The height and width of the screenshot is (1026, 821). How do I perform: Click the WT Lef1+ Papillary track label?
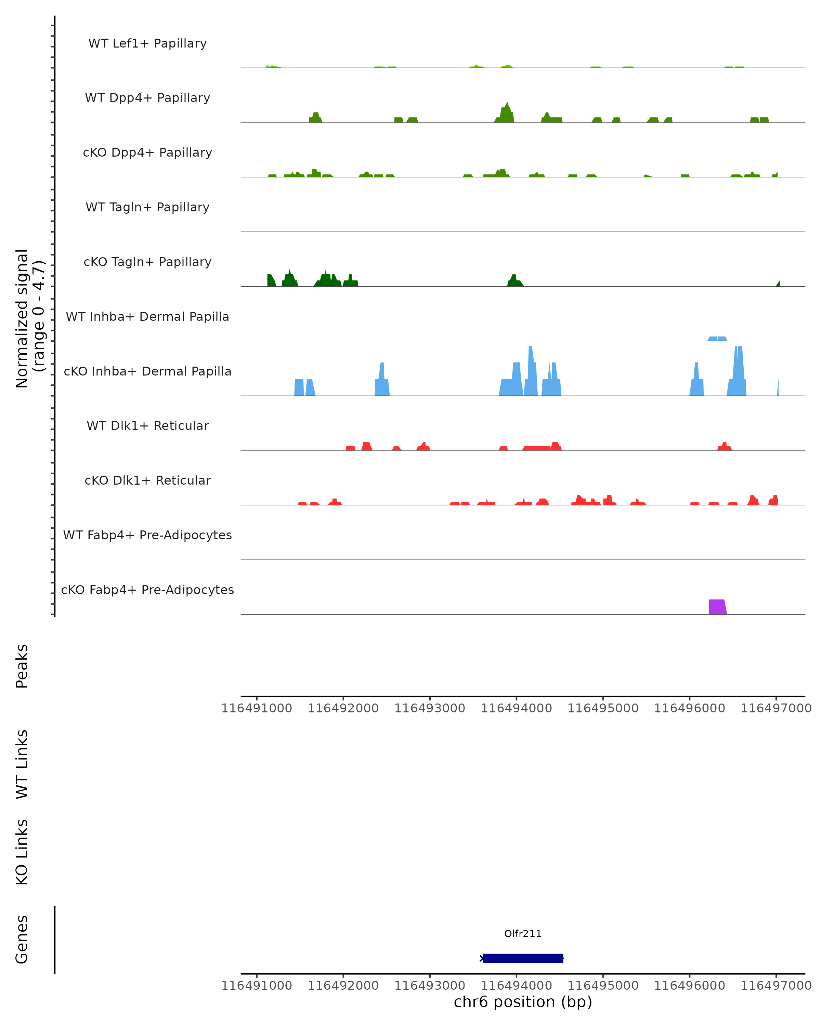(147, 43)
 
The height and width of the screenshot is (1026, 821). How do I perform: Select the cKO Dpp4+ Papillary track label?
(147, 153)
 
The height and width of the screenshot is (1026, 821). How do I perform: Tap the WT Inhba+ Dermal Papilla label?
(147, 317)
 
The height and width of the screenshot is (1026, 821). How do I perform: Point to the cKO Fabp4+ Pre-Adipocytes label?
(147, 590)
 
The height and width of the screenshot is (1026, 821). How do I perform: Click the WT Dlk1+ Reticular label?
(147, 426)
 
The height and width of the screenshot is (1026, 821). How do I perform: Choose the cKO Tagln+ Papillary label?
(147, 262)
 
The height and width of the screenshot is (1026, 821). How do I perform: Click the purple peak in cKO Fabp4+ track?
(717, 607)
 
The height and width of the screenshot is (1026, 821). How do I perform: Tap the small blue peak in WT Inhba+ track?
(717, 339)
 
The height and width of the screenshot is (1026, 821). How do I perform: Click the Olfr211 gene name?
(523, 934)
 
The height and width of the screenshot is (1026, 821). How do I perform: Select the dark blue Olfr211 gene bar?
(523, 958)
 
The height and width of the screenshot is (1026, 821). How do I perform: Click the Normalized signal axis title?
(29, 319)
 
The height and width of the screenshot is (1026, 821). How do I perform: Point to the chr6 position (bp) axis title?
(523, 1002)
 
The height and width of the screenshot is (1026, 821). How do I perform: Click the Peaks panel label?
(22, 666)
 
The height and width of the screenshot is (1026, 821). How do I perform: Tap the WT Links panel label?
(22, 764)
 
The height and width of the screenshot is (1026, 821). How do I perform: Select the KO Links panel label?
(22, 852)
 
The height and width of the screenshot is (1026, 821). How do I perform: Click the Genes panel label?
(22, 939)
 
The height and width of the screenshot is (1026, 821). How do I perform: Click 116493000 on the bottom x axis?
(429, 986)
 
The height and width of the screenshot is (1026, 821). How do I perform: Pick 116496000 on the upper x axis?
(689, 709)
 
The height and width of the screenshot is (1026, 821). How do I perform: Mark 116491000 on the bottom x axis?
(257, 986)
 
